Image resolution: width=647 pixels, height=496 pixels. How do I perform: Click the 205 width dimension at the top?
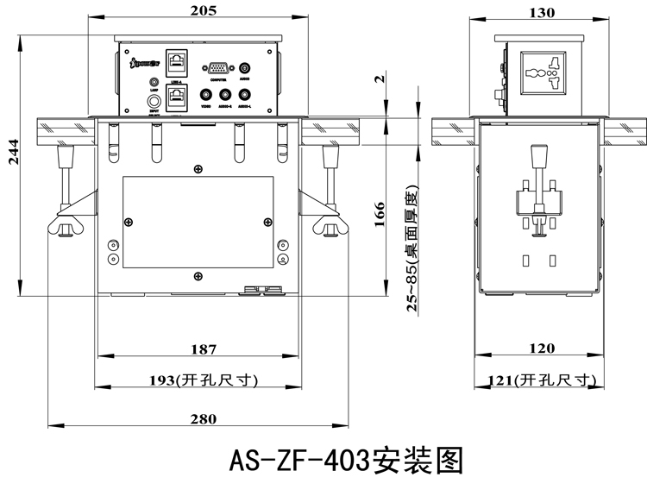[198, 10]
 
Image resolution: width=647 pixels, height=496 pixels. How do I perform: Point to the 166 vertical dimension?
[380, 212]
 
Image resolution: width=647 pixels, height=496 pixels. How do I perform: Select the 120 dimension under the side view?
[541, 348]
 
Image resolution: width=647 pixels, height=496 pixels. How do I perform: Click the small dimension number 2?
[380, 80]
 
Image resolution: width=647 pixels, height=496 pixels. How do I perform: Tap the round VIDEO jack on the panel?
[206, 96]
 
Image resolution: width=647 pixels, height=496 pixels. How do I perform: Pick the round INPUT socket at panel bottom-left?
[154, 102]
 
